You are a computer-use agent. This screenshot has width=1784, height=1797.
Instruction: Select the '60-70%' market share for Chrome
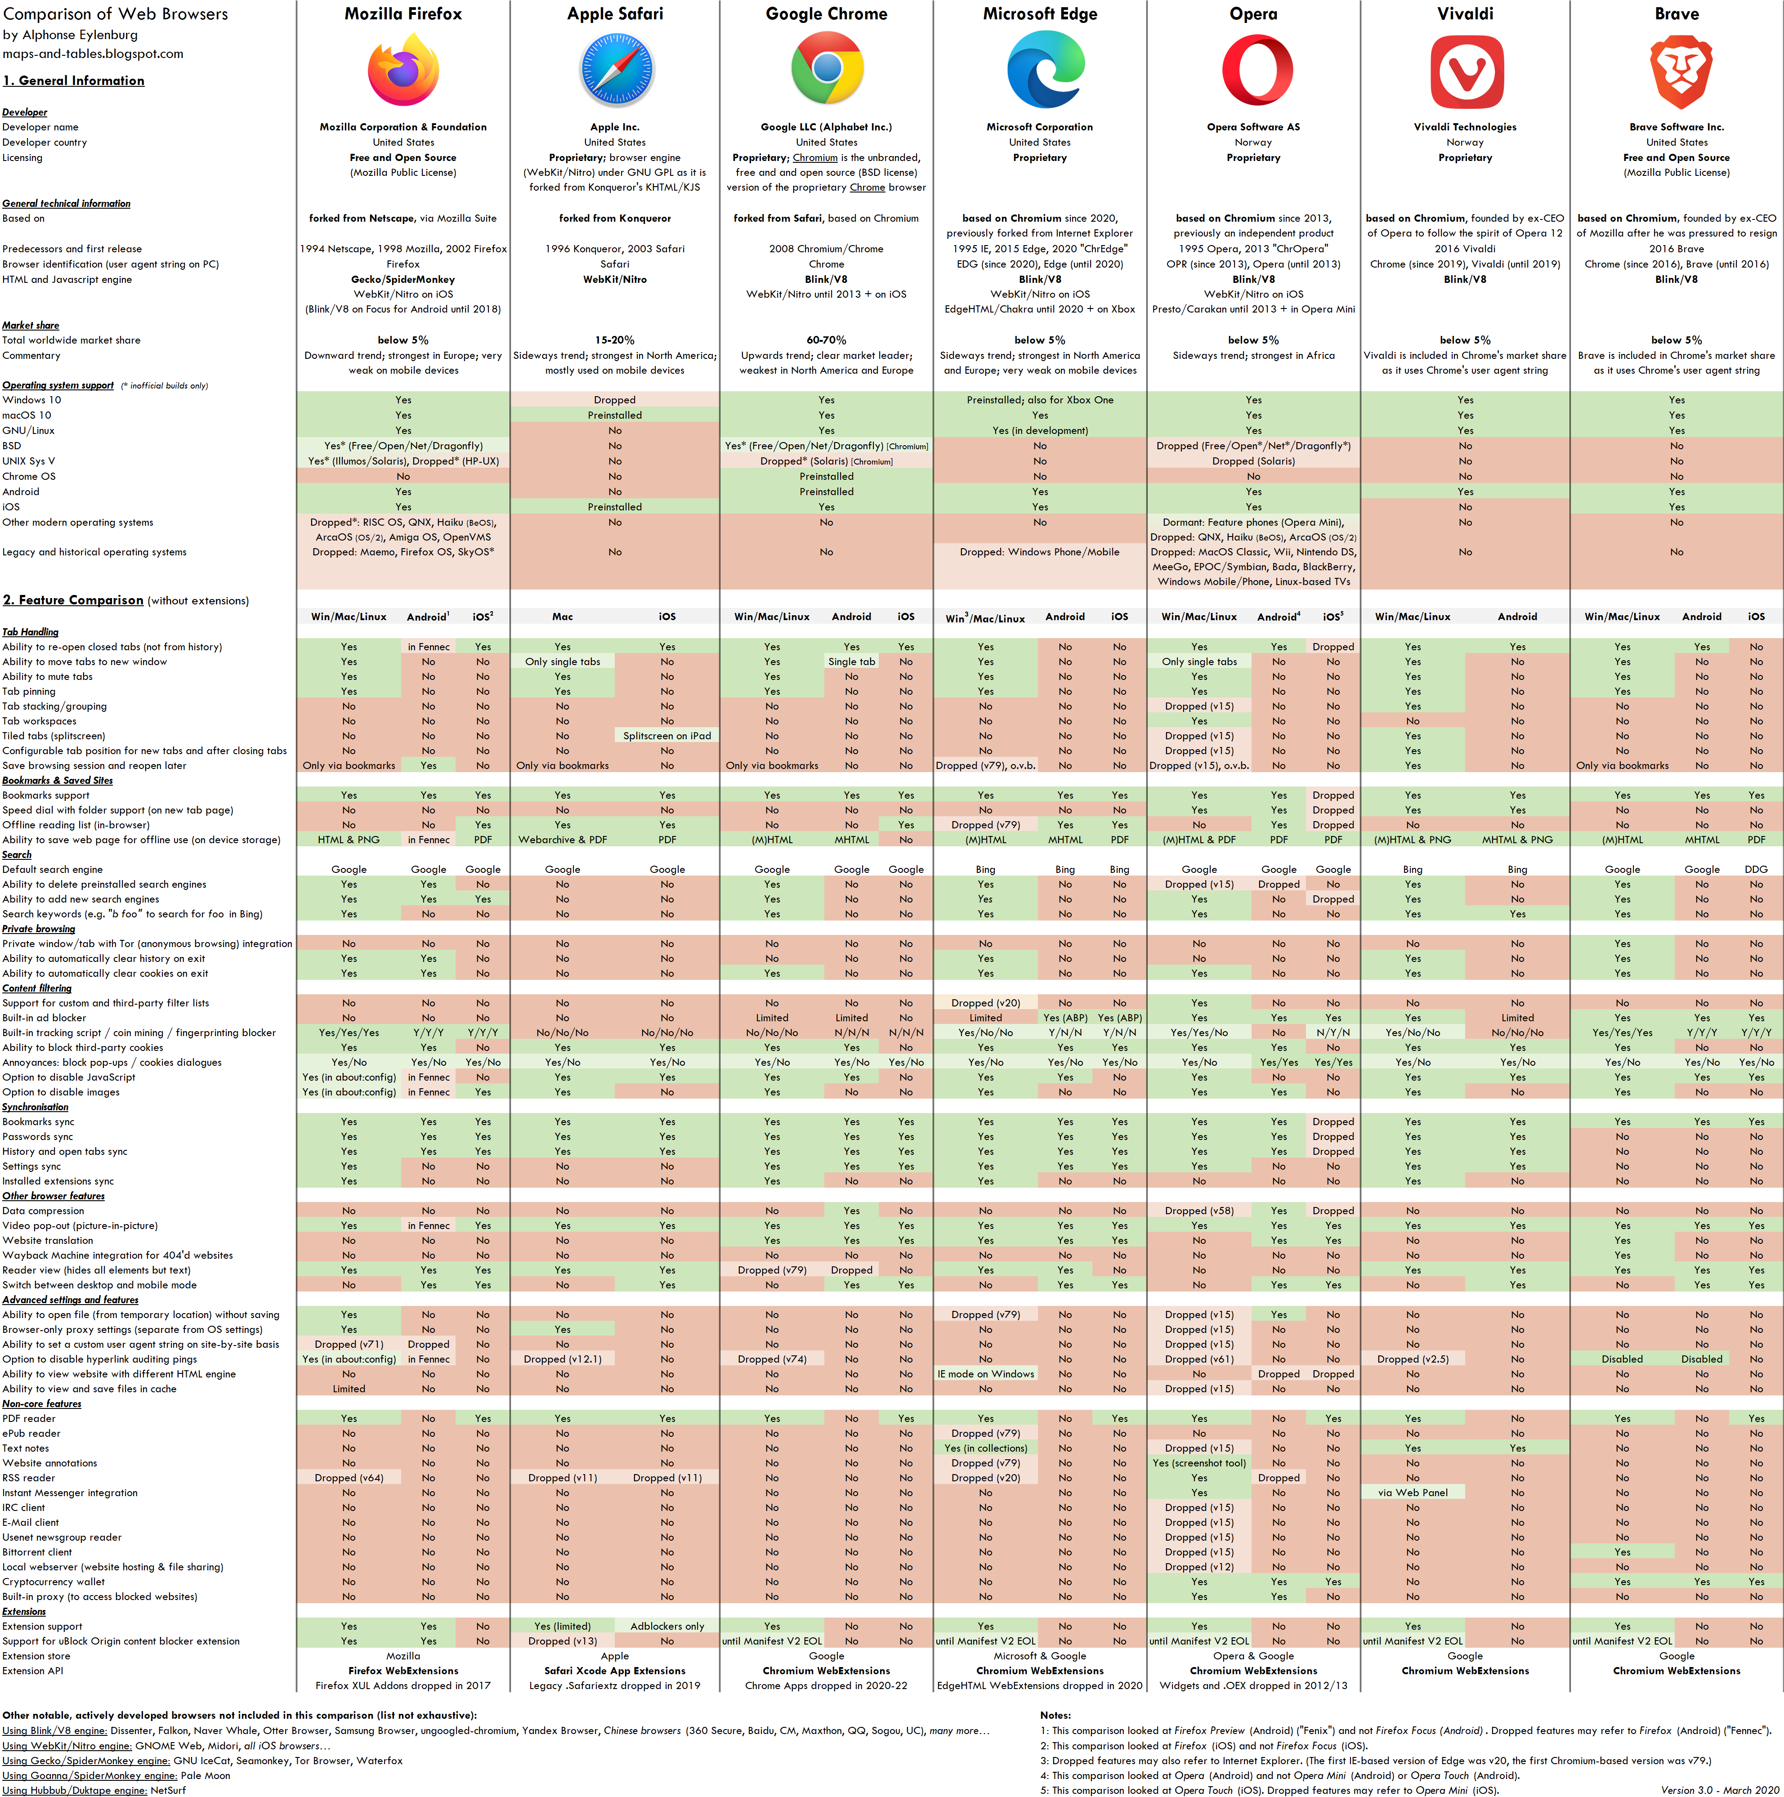tap(826, 340)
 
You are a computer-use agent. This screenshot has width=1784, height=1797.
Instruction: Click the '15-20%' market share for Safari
tap(615, 340)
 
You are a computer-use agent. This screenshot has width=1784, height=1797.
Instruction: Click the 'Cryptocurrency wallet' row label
tap(54, 1581)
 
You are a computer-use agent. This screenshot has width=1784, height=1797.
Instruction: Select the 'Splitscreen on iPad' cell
tap(667, 736)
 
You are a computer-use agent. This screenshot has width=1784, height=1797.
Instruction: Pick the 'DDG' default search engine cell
tap(1755, 870)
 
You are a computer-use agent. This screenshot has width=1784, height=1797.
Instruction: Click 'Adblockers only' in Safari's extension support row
tap(667, 1626)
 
